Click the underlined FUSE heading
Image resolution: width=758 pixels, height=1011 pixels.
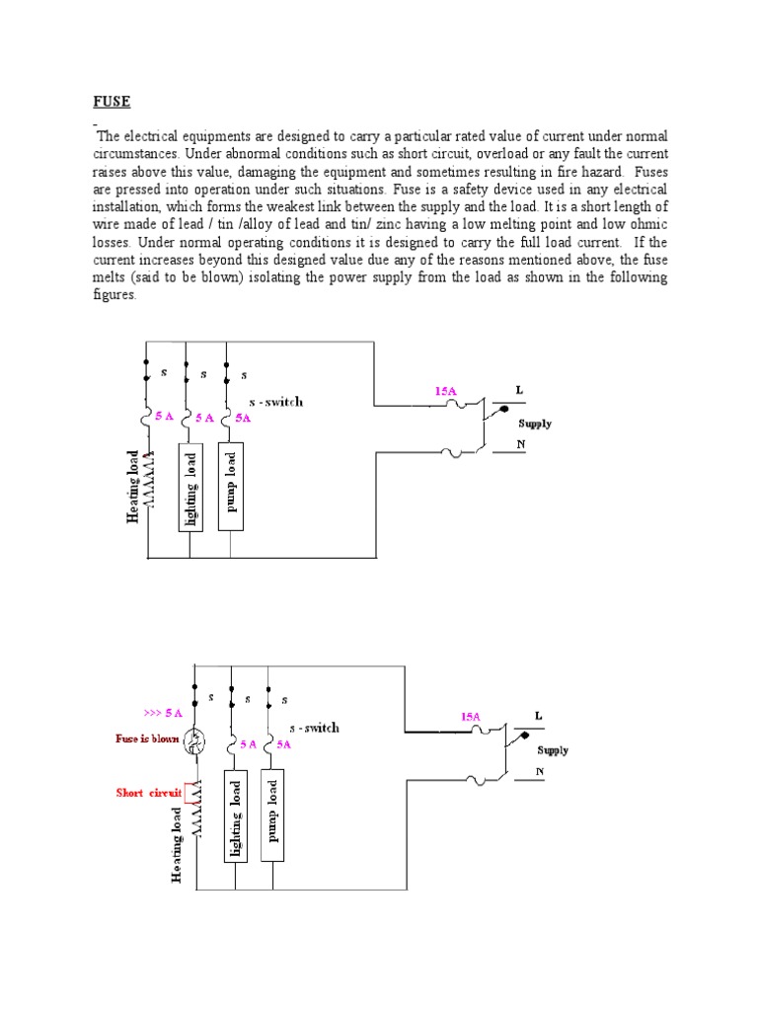click(112, 102)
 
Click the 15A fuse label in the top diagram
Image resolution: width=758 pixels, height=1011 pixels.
click(446, 391)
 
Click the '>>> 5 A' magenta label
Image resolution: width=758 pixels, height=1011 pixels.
click(162, 712)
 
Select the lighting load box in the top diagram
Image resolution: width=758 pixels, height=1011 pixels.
click(189, 488)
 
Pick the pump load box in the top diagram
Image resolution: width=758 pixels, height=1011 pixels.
click(229, 488)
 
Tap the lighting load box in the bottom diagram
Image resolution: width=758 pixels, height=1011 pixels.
click(235, 815)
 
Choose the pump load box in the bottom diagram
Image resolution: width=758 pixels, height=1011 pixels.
click(273, 815)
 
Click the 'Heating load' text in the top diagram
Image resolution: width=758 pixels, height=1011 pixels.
click(132, 484)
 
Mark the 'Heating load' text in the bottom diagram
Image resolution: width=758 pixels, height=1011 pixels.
click(177, 843)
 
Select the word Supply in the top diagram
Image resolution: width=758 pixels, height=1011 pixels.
click(535, 424)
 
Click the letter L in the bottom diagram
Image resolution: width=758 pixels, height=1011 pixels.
click(538, 714)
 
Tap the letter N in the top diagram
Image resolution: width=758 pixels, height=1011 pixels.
click(521, 445)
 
